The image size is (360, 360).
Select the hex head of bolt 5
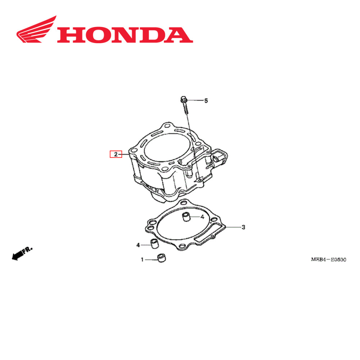pos(183,99)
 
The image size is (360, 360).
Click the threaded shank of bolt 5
pos(185,108)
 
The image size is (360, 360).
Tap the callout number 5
pos(206,101)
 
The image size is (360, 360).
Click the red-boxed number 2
pos(116,155)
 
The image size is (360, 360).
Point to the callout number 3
pos(243,227)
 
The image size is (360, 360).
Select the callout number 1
pos(142,259)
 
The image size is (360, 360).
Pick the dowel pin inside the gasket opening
pos(186,217)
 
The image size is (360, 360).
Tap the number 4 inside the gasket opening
pos(202,217)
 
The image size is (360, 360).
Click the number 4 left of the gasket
pos(138,245)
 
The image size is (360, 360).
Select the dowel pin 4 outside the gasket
pos(154,244)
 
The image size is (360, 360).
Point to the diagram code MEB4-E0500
pos(329,259)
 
